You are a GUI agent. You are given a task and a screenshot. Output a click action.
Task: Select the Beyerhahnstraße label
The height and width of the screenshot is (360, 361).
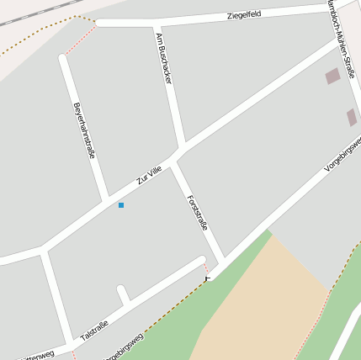pyautogui.click(x=84, y=130)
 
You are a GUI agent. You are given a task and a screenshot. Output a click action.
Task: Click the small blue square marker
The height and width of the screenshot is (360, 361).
pyautogui.click(x=121, y=205)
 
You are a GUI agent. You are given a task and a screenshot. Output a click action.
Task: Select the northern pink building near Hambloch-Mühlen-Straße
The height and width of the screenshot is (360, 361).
pyautogui.click(x=332, y=77)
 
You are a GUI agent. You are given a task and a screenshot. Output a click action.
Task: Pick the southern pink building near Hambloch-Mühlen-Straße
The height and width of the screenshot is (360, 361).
pyautogui.click(x=351, y=117)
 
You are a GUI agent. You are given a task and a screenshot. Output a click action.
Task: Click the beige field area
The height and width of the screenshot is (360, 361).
pyautogui.click(x=261, y=303)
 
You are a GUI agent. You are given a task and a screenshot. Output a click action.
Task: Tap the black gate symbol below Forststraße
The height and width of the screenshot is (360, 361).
pyautogui.click(x=208, y=278)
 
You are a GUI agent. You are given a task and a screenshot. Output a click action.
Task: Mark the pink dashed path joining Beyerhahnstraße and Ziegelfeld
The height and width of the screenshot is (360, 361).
pyautogui.click(x=82, y=40)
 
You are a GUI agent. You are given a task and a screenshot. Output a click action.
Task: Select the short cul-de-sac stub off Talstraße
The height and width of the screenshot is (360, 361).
pyautogui.click(x=123, y=294)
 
